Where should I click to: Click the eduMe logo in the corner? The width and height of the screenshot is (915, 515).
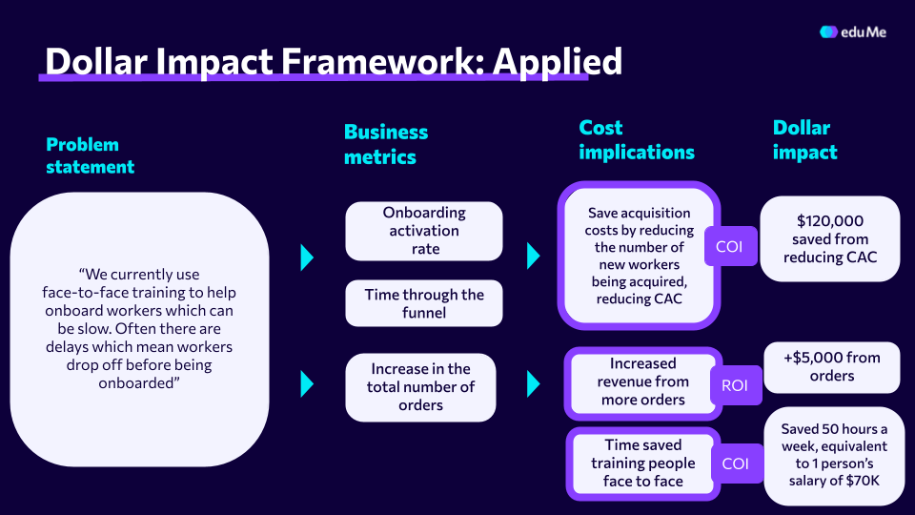point(854,31)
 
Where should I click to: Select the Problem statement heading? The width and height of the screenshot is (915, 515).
point(90,155)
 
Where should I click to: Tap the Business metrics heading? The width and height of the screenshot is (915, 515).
point(385,145)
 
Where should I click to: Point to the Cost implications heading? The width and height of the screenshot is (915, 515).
point(636,140)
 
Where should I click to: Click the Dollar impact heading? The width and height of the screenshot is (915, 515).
point(804,140)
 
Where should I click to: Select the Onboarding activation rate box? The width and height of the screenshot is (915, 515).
point(424,231)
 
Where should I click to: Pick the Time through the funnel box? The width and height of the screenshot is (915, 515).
point(424,303)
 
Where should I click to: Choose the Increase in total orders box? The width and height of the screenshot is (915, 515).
point(420,387)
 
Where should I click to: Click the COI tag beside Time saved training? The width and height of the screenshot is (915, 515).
point(736,463)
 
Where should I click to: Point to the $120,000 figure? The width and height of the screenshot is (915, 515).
point(829,221)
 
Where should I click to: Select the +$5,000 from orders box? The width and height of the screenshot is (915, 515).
point(832,367)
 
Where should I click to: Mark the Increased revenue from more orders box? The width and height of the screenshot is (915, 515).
point(643,381)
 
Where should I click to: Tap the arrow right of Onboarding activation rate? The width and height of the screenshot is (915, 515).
point(533,256)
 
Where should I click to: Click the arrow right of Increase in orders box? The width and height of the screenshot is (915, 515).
point(533,383)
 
